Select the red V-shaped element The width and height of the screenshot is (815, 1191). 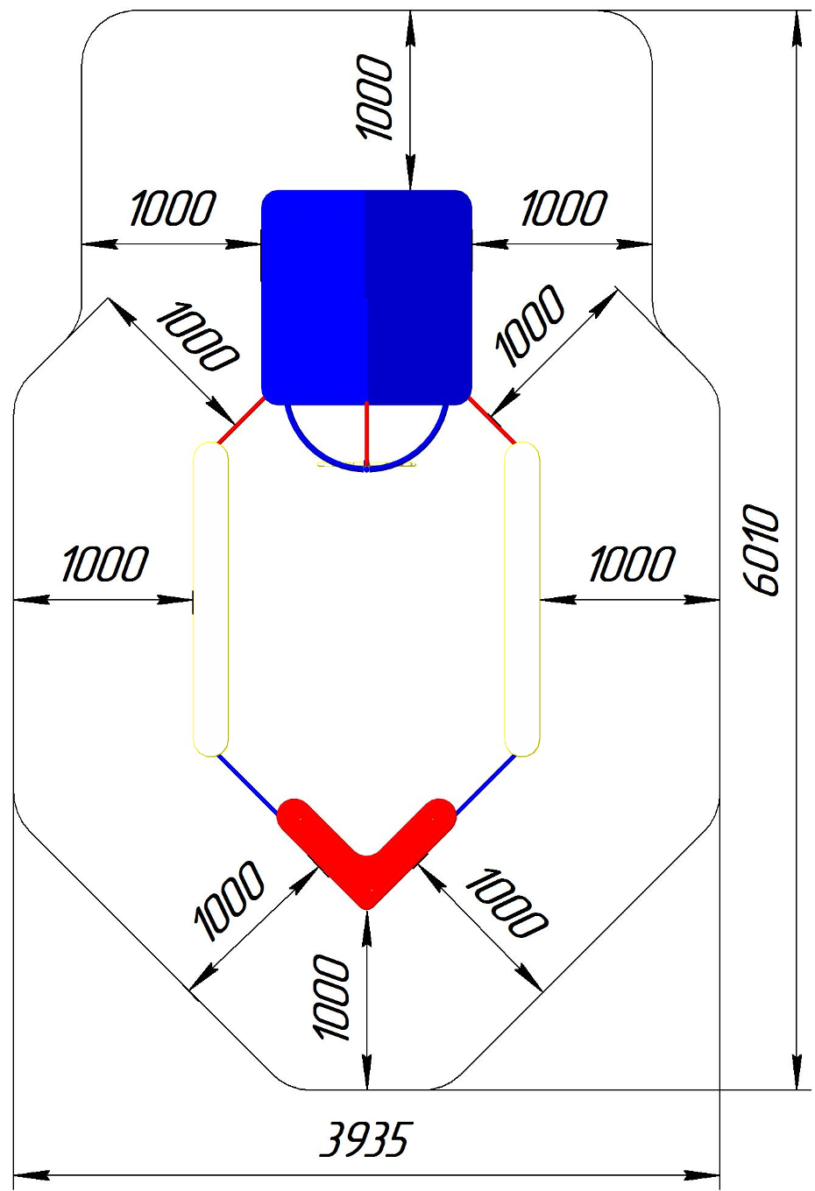tap(366, 849)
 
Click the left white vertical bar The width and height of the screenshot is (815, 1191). tap(210, 599)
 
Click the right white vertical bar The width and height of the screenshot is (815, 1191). tap(522, 599)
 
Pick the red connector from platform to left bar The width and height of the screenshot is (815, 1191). tap(241, 420)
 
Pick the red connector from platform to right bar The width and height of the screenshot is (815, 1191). tap(492, 420)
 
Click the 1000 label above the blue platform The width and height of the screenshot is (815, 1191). tap(376, 96)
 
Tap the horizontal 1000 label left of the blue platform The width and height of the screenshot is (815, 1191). tap(173, 208)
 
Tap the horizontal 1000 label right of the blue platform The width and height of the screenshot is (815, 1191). tap(563, 208)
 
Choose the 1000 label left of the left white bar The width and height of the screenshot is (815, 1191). tap(104, 564)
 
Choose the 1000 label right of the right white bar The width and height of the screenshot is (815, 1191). tap(632, 564)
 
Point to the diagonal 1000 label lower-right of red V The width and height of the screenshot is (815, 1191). tap(506, 903)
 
